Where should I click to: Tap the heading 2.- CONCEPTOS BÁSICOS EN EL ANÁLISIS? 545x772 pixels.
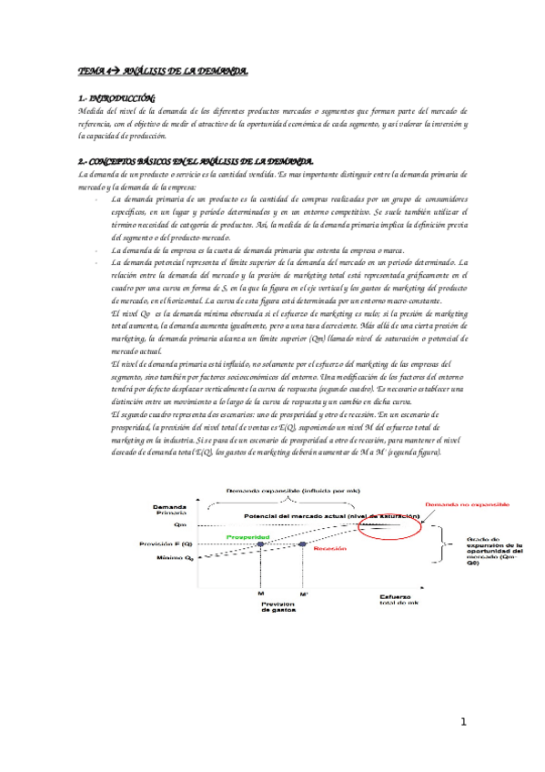[197, 161]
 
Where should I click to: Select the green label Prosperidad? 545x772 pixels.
[247, 537]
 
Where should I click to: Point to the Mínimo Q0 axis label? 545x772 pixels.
[170, 556]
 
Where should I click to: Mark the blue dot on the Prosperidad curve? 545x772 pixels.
[261, 543]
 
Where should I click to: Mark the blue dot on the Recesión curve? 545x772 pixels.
[302, 543]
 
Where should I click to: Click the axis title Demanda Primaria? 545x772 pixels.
[170, 510]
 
